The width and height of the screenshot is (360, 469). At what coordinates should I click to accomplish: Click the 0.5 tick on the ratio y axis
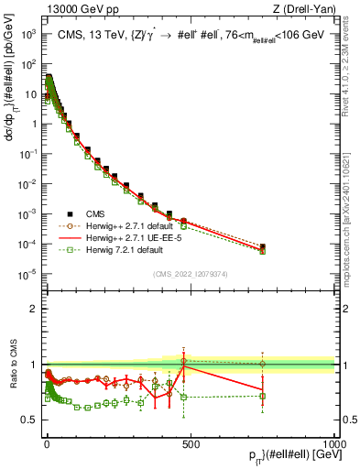point(32,420)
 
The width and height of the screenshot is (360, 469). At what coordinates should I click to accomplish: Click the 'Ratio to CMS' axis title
point(11,365)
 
